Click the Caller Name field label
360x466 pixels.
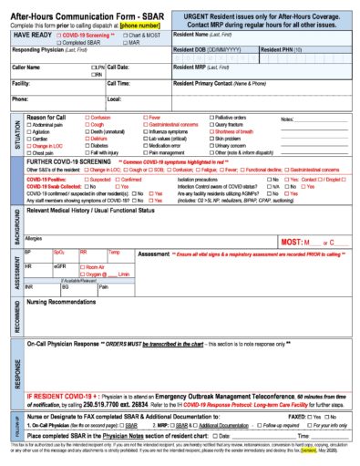(x=27, y=67)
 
